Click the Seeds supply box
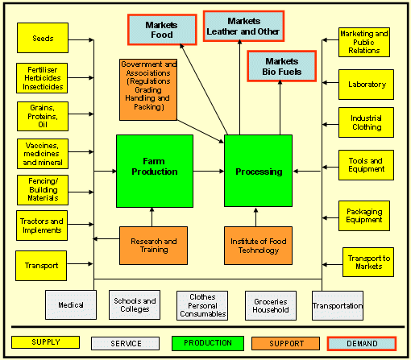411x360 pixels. tap(43, 38)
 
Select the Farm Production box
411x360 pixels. tap(155, 171)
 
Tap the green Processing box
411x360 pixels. tap(259, 171)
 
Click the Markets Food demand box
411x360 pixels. tap(162, 30)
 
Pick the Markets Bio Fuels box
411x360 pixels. tap(282, 66)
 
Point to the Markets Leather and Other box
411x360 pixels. tap(243, 26)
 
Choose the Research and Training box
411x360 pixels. tap(154, 246)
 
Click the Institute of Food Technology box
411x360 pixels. tap(259, 246)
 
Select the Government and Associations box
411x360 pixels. tap(148, 89)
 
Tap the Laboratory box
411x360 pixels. tap(367, 85)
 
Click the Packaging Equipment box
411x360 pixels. tap(364, 216)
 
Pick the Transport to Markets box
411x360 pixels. tap(368, 263)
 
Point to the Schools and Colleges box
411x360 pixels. tap(135, 304)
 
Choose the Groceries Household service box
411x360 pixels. tap(271, 305)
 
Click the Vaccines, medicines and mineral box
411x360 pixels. tap(43, 154)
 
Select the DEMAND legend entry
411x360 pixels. tap(362, 344)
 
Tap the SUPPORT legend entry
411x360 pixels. tap(286, 344)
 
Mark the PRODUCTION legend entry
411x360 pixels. tap(208, 343)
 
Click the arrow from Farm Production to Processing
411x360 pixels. tap(209, 171)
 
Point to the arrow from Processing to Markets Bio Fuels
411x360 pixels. tap(280, 107)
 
